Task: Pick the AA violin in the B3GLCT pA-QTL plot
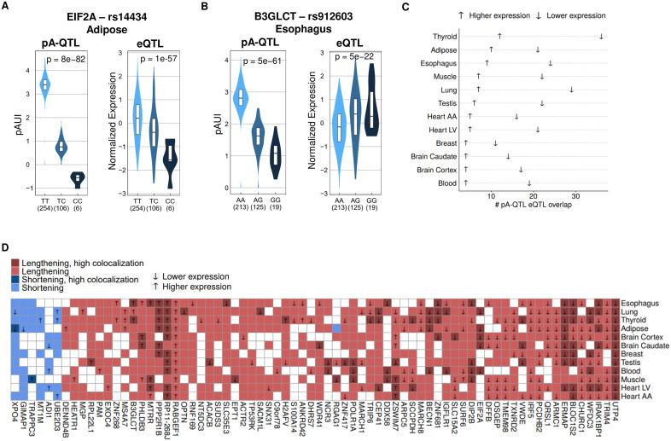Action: (242, 96)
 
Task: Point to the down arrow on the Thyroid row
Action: (602, 36)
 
